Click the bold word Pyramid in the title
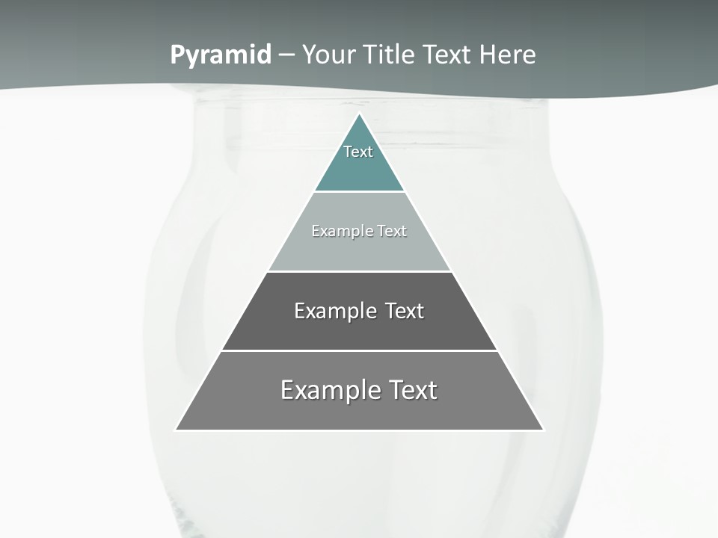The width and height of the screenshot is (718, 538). [x=221, y=55]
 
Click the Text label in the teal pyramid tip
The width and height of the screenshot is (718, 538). [x=358, y=152]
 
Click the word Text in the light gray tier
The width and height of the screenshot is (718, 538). [x=392, y=231]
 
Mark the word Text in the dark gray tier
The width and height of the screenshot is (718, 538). [x=404, y=311]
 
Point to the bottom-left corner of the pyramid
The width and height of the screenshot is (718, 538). [x=177, y=430]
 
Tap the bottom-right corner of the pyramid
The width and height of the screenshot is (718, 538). [x=542, y=430]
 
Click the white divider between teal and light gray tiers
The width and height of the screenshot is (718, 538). [x=359, y=192]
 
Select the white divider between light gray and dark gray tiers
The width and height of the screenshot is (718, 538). [x=359, y=271]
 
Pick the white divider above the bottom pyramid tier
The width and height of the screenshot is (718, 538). [x=359, y=350]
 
